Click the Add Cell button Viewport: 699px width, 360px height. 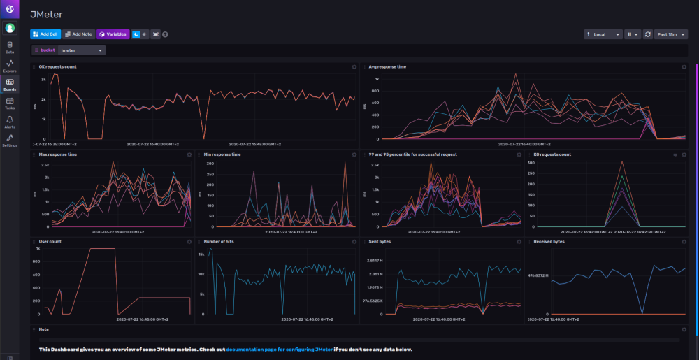[x=45, y=34]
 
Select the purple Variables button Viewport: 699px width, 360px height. [x=113, y=34]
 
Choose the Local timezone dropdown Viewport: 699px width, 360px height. [x=603, y=34]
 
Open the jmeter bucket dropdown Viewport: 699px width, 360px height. [x=82, y=50]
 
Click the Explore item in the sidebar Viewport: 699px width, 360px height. [x=10, y=66]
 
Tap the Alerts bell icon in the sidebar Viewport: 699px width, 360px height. [x=10, y=122]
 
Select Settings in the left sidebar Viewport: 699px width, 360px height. [x=10, y=140]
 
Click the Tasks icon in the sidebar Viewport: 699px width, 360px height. [x=10, y=103]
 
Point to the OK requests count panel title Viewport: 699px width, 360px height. [x=57, y=66]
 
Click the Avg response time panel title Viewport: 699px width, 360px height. [x=387, y=66]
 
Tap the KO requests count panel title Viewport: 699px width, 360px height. [x=552, y=154]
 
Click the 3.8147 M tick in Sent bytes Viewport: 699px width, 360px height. [x=377, y=260]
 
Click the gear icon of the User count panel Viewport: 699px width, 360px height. [x=189, y=241]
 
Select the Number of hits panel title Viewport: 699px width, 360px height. [x=220, y=241]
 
